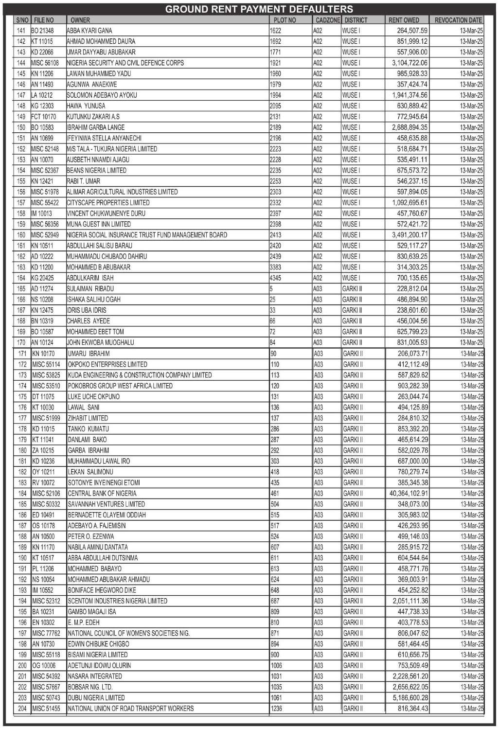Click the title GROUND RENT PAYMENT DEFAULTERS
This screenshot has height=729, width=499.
click(x=259, y=9)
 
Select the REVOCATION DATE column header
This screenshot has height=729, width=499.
click(x=458, y=20)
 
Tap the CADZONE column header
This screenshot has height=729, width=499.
click(x=327, y=20)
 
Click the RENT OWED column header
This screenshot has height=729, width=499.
click(x=404, y=20)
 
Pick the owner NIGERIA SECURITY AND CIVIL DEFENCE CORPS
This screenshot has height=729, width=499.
click(x=125, y=63)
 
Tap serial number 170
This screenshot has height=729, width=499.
click(x=21, y=343)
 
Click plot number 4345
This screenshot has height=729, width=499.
click(x=275, y=278)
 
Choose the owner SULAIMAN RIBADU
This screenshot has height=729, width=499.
click(x=90, y=289)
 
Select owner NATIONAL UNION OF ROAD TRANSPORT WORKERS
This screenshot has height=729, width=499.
click(x=131, y=709)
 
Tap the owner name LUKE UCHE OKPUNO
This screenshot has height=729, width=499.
click(x=94, y=397)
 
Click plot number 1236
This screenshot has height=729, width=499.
click(x=276, y=709)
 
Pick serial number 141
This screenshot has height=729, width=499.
click(x=21, y=31)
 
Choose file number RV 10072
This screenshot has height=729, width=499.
click(x=44, y=483)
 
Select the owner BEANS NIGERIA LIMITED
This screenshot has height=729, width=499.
click(x=97, y=171)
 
